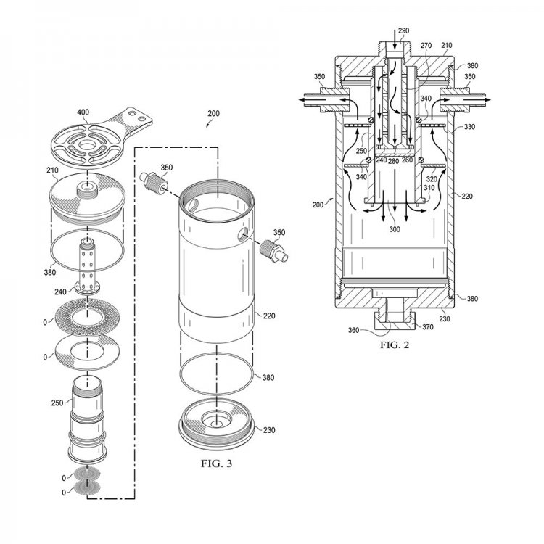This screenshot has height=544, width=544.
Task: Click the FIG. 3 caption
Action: coord(216,463)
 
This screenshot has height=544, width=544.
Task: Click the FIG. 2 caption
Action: coord(395,345)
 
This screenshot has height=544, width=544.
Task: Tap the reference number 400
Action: coord(83,112)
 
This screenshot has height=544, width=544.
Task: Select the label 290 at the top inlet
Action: coord(403,30)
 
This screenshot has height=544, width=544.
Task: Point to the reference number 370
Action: coord(428,327)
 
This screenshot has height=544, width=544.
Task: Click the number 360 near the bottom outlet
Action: coord(353,330)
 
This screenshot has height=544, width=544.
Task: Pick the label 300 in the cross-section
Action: coord(395,229)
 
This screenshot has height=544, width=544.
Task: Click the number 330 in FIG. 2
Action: coord(469,127)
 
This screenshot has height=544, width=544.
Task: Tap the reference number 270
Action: coord(426,46)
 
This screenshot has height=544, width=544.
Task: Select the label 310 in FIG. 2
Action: coord(429,188)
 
